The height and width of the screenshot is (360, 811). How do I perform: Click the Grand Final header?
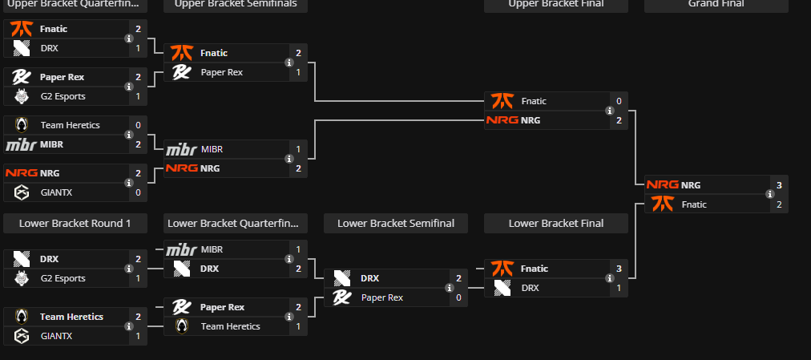click(716, 4)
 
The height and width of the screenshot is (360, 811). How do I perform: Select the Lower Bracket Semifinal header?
click(395, 223)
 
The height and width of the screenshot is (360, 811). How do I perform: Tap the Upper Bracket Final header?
click(555, 4)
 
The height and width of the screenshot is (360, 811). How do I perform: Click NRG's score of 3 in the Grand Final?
click(779, 185)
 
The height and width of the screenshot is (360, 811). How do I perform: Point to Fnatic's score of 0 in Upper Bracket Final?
click(619, 101)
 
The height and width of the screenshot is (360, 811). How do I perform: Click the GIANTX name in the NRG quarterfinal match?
click(56, 192)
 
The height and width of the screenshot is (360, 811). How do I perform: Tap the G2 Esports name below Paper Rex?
click(63, 96)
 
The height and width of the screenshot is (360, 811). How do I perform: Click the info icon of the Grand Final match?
click(769, 194)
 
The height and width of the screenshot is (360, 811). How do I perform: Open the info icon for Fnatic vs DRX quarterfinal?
click(128, 38)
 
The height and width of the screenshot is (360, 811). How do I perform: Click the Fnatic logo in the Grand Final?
click(661, 204)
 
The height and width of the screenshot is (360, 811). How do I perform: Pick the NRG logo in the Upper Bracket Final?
click(502, 120)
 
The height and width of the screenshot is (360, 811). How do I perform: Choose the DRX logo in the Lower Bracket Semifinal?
click(342, 278)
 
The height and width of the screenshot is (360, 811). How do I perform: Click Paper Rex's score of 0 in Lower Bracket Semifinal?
click(458, 297)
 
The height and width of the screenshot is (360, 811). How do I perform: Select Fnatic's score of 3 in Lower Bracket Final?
click(619, 269)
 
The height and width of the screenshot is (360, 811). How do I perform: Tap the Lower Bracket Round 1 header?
click(75, 223)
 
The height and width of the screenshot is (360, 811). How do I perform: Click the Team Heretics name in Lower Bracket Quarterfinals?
click(230, 326)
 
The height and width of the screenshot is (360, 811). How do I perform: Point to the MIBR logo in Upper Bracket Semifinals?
click(181, 149)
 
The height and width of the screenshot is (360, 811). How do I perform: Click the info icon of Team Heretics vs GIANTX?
click(128, 326)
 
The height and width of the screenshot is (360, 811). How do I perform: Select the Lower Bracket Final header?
click(555, 223)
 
